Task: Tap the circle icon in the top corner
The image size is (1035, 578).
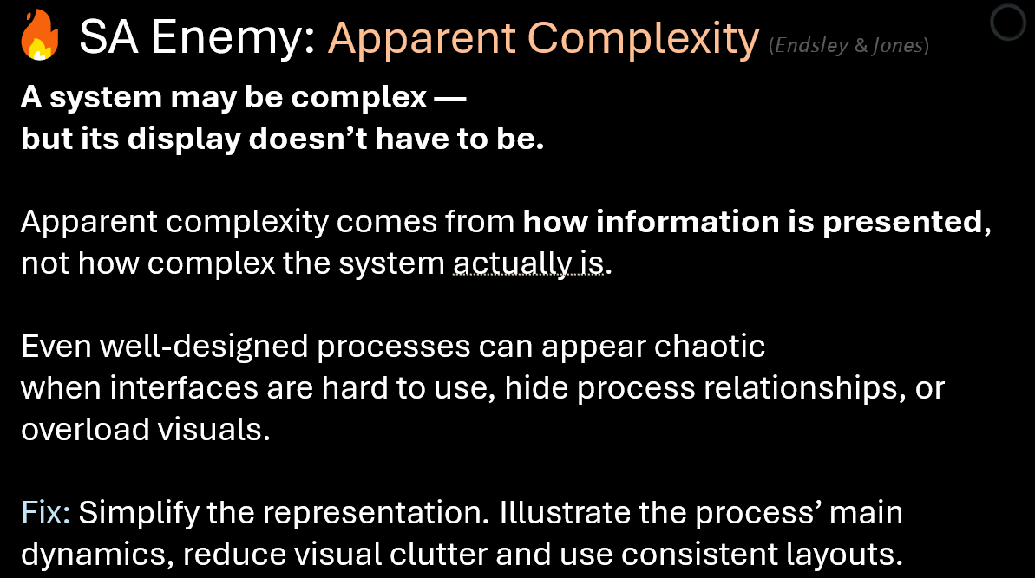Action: point(1008,25)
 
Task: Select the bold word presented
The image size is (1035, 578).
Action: point(901,223)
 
